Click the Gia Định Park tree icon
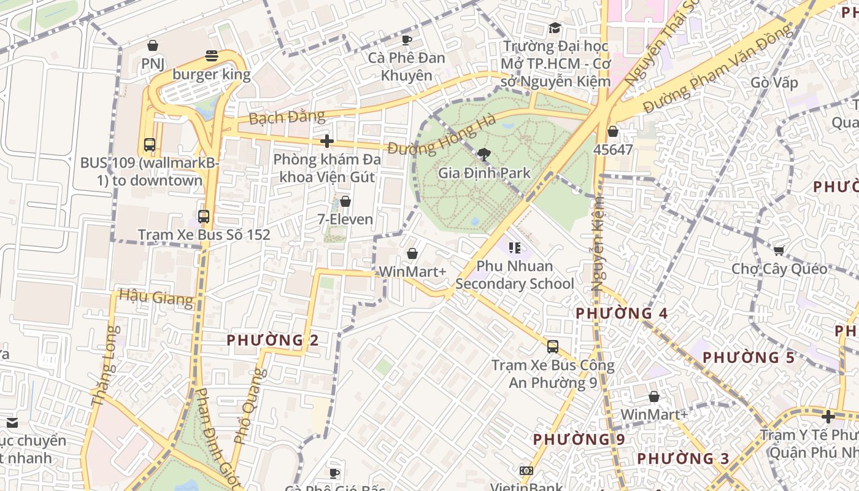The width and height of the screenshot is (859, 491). (484, 154)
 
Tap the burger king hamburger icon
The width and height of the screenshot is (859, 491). (212, 56)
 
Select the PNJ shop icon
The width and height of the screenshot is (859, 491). (152, 45)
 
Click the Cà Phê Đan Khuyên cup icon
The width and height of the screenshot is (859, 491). (406, 40)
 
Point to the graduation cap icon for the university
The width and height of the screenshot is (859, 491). (555, 28)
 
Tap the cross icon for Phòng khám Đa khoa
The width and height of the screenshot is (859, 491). (327, 141)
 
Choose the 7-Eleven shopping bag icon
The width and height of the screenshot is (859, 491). (345, 201)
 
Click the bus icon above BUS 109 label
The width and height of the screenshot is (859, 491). (150, 145)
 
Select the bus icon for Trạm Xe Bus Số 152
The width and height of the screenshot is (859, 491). (204, 217)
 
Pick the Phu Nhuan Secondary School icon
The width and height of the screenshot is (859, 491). (515, 248)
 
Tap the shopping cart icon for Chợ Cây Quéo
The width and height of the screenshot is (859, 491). (779, 250)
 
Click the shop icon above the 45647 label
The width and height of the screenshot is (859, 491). (613, 131)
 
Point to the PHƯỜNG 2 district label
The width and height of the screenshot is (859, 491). (272, 340)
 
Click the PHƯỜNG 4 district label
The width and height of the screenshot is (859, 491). (621, 313)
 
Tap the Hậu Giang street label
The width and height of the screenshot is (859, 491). (156, 298)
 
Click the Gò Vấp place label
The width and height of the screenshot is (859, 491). (774, 83)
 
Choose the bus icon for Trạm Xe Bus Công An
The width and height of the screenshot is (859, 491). (553, 347)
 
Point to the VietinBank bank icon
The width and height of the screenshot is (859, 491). (526, 471)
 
